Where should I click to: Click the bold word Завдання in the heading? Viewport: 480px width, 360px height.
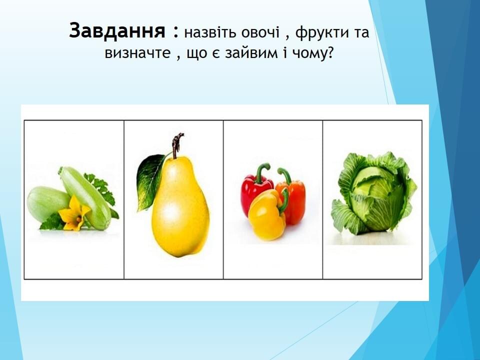117,31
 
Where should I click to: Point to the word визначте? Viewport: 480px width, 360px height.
137,52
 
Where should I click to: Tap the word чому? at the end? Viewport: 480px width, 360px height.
312,53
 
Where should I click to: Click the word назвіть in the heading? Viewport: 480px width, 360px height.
210,32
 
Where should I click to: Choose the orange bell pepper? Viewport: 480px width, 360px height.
293,199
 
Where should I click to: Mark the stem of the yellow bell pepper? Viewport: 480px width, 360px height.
284,200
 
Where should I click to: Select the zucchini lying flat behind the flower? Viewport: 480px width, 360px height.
48,203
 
